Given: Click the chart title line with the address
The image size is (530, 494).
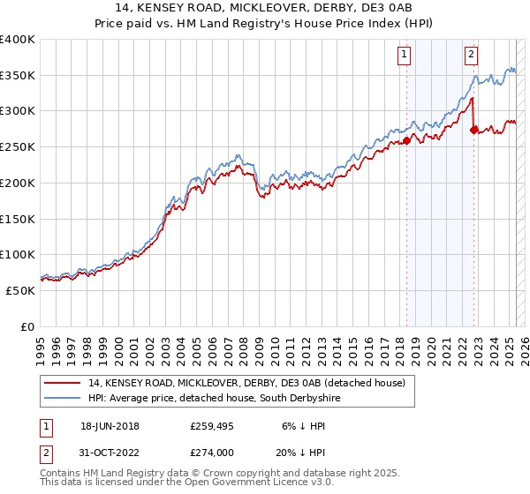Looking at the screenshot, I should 265,10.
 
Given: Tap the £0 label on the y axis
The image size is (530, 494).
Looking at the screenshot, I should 27,326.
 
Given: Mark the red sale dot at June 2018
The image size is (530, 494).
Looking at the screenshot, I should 406,139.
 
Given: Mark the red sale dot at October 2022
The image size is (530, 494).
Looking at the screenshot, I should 474,130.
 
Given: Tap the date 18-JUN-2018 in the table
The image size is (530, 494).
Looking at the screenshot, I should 110,425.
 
